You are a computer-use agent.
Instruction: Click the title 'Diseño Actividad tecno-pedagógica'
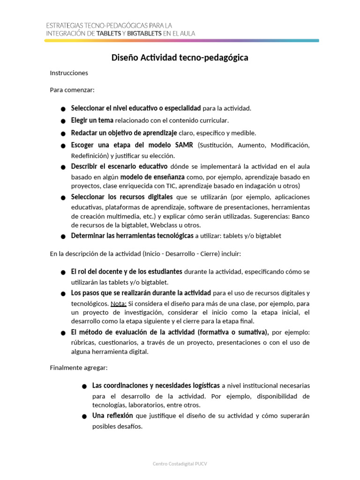point(180,58)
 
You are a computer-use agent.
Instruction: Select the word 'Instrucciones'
point(69,73)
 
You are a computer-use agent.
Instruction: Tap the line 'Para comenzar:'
point(72,90)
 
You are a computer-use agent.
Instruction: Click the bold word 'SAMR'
point(184,144)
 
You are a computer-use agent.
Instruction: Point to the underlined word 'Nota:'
point(119,303)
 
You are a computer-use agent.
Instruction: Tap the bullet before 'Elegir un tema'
point(63,121)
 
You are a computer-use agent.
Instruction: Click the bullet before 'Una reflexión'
point(84,417)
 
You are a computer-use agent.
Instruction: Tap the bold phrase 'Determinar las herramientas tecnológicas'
point(132,236)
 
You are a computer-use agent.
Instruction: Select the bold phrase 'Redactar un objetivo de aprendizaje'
point(124,133)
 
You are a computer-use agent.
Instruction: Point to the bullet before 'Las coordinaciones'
point(84,387)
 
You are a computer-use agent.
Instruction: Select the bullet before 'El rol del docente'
point(63,273)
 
